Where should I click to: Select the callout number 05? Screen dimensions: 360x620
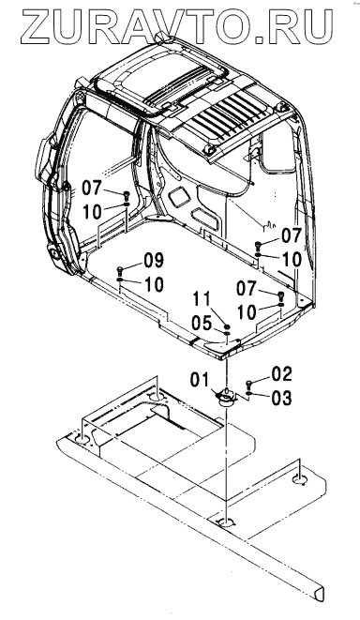click(202, 325)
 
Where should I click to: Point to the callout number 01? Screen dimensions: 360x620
click(200, 380)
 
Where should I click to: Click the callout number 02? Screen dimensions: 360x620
click(282, 374)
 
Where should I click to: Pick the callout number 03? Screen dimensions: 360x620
click(282, 398)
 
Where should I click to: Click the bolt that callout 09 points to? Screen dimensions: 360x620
click(121, 271)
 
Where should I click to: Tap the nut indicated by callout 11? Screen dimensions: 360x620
click(227, 327)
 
